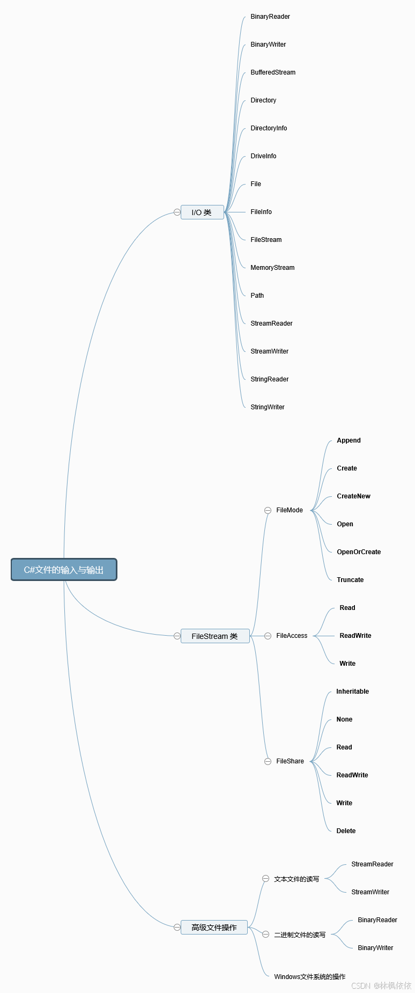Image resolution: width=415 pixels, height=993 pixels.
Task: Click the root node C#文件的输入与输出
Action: (64, 570)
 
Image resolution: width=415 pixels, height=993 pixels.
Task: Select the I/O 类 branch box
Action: (202, 212)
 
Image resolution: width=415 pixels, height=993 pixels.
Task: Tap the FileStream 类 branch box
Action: (215, 636)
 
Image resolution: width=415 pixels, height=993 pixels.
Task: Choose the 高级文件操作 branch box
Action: (214, 928)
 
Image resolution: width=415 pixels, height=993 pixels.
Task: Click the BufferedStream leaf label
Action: (273, 72)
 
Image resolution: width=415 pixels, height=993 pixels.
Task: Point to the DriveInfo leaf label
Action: (263, 156)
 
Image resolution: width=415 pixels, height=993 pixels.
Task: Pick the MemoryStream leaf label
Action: (272, 268)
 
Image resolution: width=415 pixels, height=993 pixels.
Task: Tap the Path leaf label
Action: (257, 296)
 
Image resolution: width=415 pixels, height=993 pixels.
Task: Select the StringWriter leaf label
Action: (268, 407)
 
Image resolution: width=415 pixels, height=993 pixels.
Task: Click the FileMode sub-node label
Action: (290, 510)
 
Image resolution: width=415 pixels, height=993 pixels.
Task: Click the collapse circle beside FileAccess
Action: (268, 636)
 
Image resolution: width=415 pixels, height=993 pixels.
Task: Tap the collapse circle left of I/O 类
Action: (177, 212)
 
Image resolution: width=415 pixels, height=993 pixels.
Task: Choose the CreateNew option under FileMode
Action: (353, 496)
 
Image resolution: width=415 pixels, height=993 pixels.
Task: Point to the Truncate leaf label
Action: (350, 580)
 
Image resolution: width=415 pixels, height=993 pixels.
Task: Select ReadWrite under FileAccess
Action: (355, 636)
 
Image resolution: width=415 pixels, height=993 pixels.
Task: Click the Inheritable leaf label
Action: (352, 692)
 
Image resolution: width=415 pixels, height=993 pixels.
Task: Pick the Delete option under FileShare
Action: (346, 831)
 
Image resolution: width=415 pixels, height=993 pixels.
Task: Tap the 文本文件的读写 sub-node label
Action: (297, 879)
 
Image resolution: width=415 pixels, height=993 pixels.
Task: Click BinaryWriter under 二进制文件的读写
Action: (375, 948)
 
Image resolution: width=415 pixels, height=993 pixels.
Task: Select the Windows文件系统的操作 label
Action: (309, 977)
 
